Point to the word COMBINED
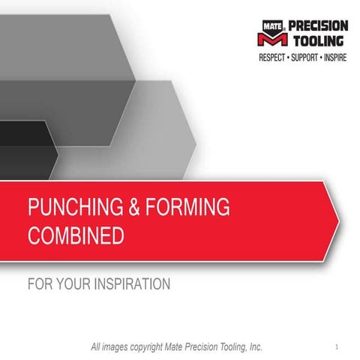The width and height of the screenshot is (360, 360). tap(75, 236)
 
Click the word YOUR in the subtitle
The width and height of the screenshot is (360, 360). tap(72, 284)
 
